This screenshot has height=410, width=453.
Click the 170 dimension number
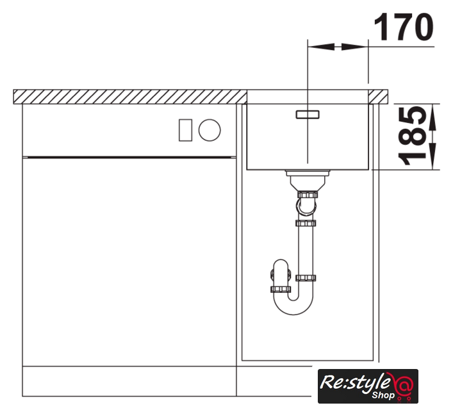tap(404, 26)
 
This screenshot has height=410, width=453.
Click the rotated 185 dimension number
tap(413, 136)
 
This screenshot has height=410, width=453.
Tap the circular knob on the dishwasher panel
tap(210, 130)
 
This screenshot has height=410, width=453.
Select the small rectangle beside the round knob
tap(185, 130)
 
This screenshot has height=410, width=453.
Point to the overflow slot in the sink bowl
tap(308, 115)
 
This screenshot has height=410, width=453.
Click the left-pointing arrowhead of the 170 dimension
tap(320, 47)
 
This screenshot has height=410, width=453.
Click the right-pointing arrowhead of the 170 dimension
tap(355, 47)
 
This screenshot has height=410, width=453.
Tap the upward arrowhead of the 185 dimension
tap(432, 117)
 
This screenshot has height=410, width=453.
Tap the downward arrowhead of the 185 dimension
tap(432, 156)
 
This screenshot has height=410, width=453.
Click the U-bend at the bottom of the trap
tap(293, 307)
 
